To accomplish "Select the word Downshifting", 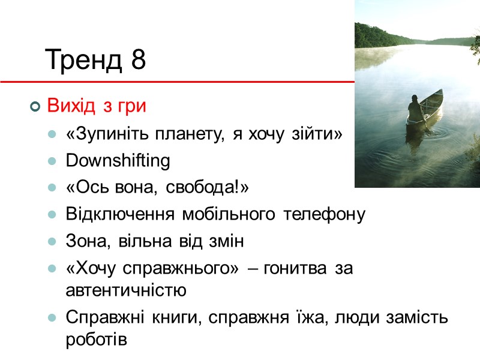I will [x=118, y=161].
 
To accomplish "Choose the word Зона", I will [x=83, y=242].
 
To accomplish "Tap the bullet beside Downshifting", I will [x=53, y=161].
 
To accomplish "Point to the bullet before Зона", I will [x=53, y=242].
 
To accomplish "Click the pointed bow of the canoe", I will [x=440, y=92].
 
